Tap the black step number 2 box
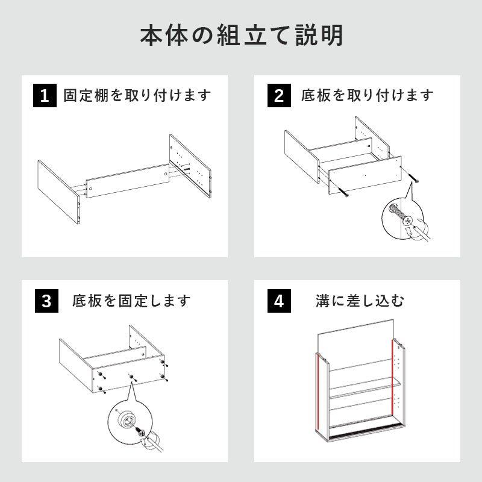coord(278,96)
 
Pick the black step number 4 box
coord(278,301)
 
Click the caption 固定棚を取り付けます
coord(137,96)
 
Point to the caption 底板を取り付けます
coord(368,96)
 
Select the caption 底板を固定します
coord(131,301)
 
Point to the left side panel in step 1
coord(58,192)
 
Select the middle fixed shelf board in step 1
coord(127,181)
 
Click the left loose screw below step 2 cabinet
coord(344,192)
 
